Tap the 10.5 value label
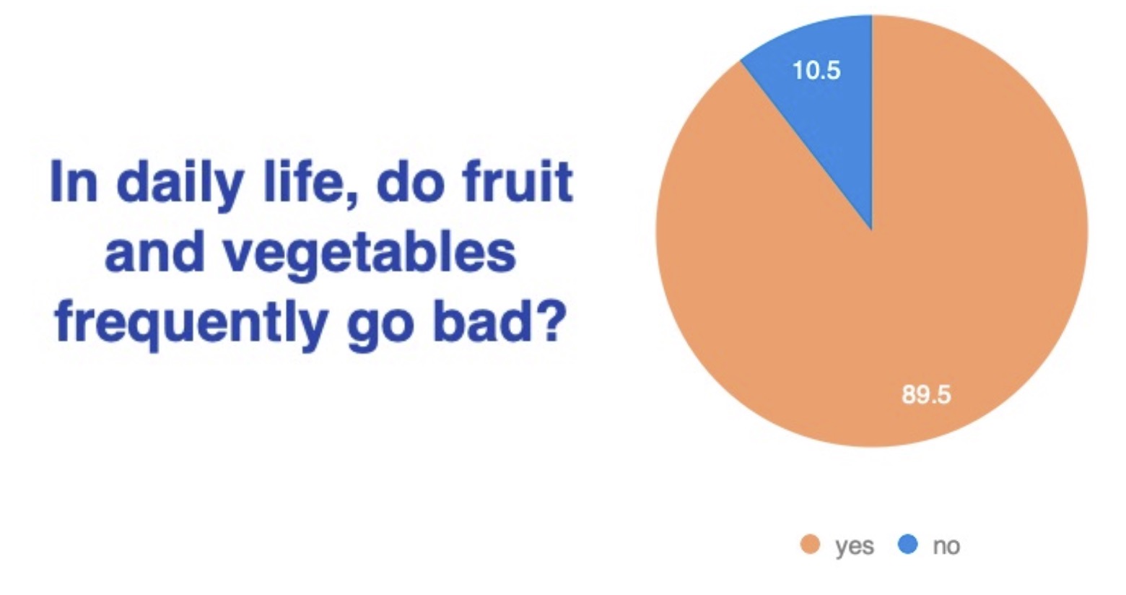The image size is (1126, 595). click(x=816, y=70)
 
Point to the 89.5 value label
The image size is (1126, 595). click(x=927, y=394)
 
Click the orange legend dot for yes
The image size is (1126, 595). click(x=810, y=544)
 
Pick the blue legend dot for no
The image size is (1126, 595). click(x=907, y=544)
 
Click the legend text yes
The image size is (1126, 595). click(x=855, y=547)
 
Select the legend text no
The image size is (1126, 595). click(x=946, y=546)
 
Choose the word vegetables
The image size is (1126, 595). click(x=370, y=256)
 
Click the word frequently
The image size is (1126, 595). click(x=192, y=326)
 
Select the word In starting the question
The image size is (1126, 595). click(x=74, y=181)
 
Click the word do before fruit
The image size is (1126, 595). click(x=411, y=181)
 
